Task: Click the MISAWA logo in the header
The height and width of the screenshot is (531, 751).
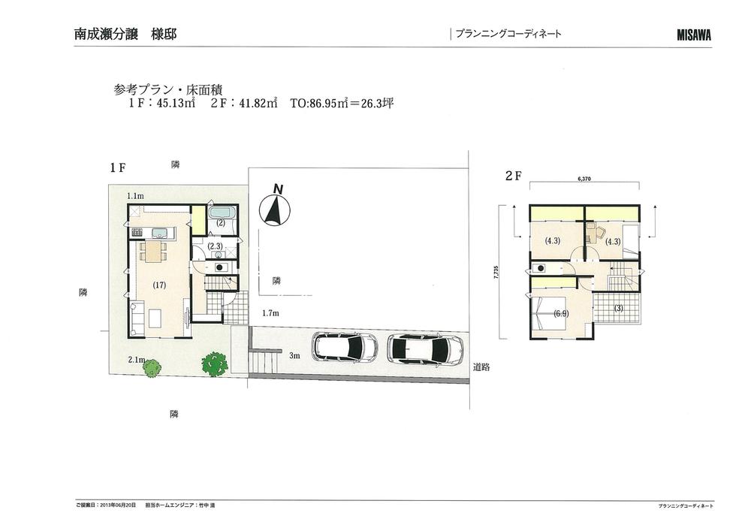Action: [693, 35]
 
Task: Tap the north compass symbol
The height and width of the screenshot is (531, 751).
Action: [275, 210]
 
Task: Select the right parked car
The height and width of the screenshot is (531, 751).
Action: [424, 349]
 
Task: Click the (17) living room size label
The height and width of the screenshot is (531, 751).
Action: [158, 285]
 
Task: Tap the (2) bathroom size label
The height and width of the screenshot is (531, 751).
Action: [222, 223]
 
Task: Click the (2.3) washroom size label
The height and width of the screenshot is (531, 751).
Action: [214, 246]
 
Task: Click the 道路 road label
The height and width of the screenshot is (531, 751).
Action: [481, 367]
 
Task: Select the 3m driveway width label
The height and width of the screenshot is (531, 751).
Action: [295, 355]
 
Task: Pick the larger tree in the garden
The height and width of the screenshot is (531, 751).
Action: [214, 364]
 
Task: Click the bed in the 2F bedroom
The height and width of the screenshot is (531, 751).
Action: [547, 313]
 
